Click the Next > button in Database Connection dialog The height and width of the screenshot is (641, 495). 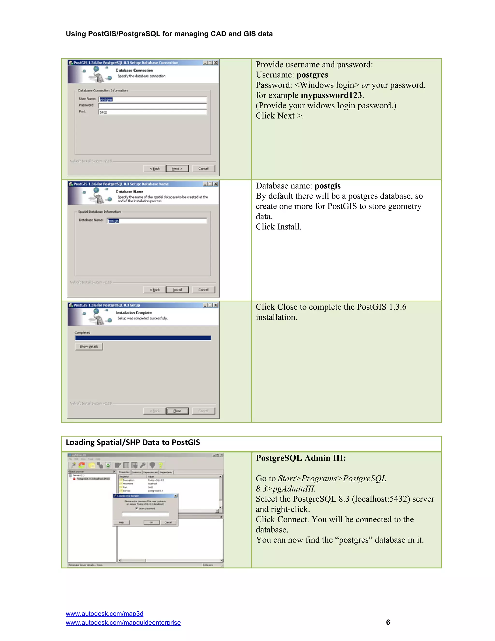(177, 168)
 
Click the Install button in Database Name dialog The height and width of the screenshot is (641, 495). (177, 290)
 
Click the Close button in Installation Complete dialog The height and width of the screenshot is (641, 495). (177, 411)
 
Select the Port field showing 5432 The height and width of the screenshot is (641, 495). (153, 112)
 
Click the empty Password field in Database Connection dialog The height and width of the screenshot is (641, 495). (153, 106)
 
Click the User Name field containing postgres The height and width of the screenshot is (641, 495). (153, 99)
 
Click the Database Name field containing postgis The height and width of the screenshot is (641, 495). (157, 221)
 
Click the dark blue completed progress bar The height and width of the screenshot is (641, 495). (143, 338)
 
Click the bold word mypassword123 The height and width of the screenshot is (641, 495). (331, 95)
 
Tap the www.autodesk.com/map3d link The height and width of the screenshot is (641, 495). (104, 613)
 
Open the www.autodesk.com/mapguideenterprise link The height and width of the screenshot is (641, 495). (123, 623)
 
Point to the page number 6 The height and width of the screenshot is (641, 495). (388, 622)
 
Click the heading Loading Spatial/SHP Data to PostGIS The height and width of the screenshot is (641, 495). (133, 442)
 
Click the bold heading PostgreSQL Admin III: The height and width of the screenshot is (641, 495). (301, 458)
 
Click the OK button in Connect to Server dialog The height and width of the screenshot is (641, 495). (151, 522)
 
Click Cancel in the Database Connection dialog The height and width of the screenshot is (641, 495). (203, 168)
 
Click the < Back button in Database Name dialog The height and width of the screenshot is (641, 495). (154, 290)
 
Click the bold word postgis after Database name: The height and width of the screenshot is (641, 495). (327, 186)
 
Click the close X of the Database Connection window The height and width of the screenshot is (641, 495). (216, 62)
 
